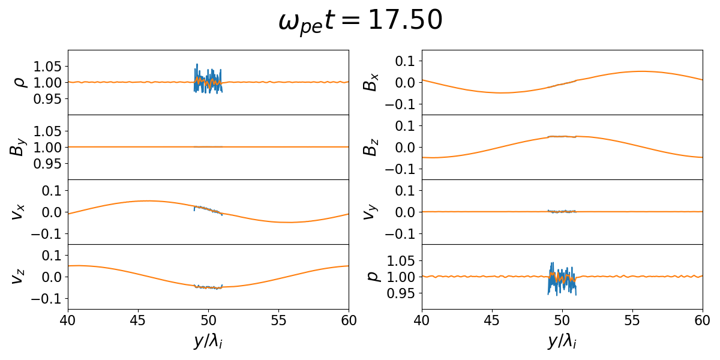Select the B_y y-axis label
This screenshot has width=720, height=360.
(18, 147)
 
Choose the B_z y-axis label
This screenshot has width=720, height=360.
(372, 147)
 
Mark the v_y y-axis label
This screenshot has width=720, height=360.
(372, 212)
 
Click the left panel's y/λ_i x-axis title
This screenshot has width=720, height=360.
(208, 341)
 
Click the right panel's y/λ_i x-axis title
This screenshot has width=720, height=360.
(562, 341)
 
